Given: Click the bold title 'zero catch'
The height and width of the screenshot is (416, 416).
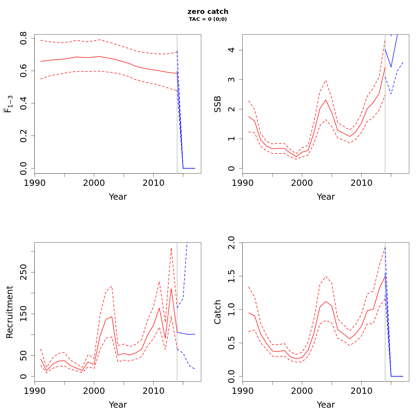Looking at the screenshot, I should (x=208, y=12).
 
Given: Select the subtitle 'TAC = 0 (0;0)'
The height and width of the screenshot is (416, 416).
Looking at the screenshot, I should (x=208, y=19).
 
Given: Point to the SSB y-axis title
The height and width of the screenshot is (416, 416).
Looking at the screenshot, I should (x=217, y=104).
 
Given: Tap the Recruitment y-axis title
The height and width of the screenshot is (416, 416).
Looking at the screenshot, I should (x=9, y=312).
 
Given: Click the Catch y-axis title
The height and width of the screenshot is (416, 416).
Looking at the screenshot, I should (x=217, y=312).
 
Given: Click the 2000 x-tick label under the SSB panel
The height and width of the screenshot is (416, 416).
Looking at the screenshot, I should (x=302, y=183).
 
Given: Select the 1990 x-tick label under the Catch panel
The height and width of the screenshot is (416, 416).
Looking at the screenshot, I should (x=243, y=391).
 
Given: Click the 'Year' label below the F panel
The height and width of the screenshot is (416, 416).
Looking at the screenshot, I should (x=118, y=197).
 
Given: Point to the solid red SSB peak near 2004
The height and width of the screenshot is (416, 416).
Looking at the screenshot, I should (x=326, y=100).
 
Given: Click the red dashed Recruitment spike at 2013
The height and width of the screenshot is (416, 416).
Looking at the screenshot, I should (x=171, y=248).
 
